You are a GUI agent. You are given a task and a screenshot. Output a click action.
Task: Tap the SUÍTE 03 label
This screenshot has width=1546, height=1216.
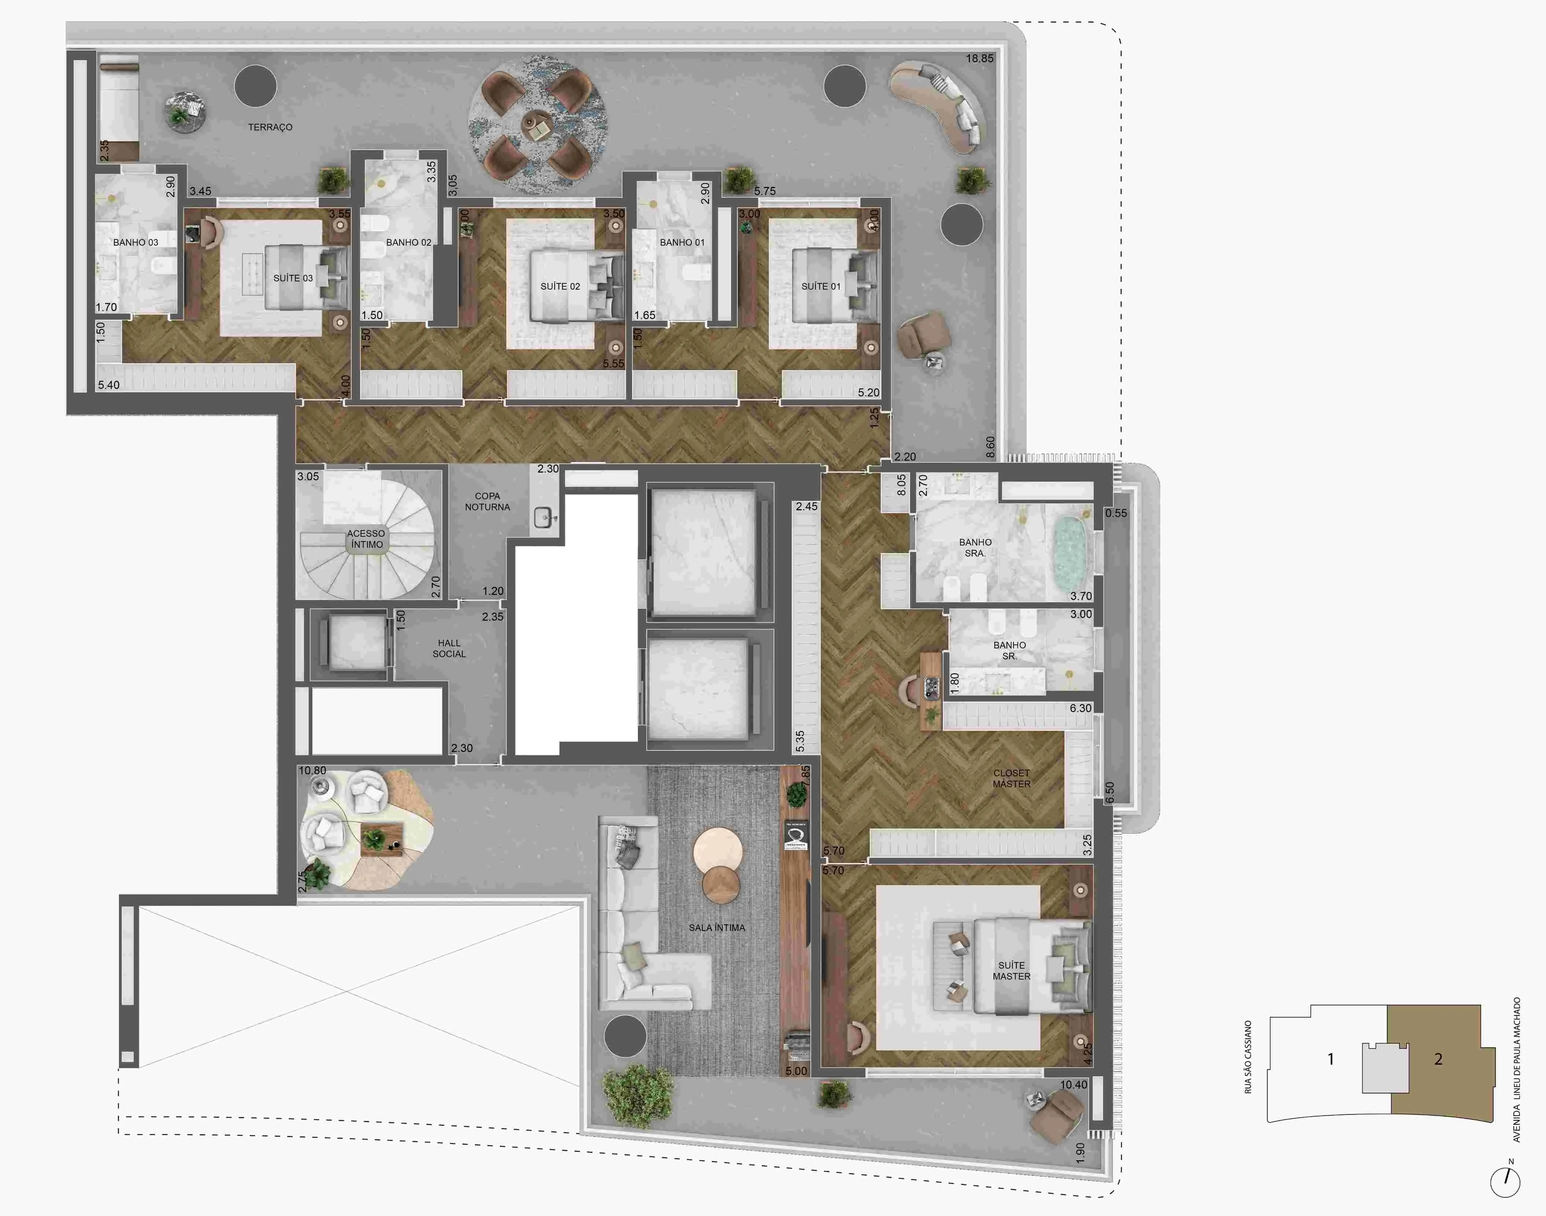[292, 278]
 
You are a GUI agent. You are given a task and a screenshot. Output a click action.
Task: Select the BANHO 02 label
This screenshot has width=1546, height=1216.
[409, 243]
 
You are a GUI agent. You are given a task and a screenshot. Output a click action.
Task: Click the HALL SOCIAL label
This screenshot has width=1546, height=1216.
[449, 649]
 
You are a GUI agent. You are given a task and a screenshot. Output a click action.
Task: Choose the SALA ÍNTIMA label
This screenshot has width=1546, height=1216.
[717, 927]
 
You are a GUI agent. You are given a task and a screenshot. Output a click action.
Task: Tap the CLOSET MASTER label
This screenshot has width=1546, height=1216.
[1012, 778]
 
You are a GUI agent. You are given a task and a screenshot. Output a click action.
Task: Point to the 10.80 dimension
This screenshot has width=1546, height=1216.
[313, 770]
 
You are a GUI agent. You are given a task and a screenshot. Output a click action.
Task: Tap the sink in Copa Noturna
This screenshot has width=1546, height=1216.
[543, 518]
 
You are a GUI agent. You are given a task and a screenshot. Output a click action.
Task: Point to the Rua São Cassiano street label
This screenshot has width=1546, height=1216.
[1248, 1057]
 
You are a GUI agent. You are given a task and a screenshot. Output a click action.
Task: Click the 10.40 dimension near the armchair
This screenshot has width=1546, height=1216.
[1074, 1085]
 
